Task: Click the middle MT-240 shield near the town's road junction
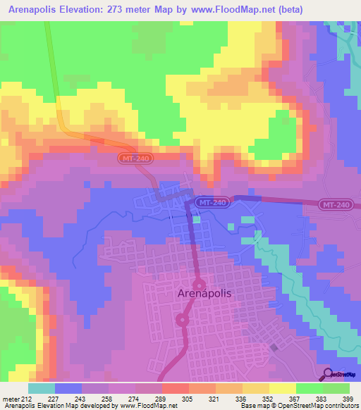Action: click(212, 202)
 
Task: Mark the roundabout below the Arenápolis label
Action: click(182, 321)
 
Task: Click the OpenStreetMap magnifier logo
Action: click(327, 374)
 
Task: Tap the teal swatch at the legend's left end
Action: click(41, 388)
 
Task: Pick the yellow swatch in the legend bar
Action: click(282, 388)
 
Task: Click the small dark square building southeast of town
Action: click(274, 348)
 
